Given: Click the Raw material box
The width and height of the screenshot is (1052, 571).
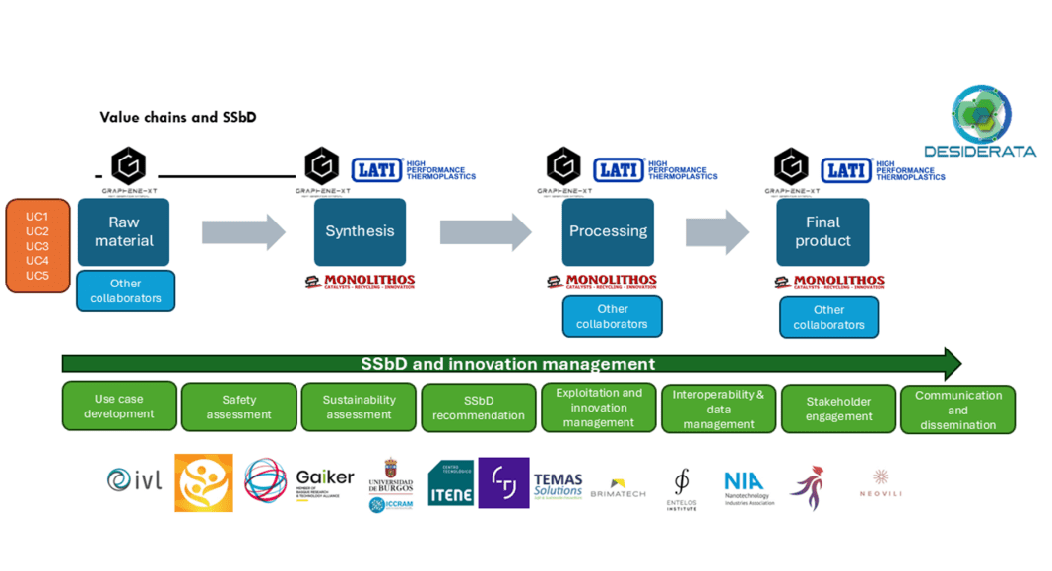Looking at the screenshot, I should (x=124, y=232).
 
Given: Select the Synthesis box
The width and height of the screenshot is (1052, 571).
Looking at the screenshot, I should (x=360, y=231).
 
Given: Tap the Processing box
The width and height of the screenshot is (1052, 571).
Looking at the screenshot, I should (x=608, y=231).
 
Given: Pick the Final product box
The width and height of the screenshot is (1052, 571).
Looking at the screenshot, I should (x=822, y=232).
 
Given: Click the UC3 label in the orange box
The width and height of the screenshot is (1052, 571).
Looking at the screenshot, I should (x=37, y=246).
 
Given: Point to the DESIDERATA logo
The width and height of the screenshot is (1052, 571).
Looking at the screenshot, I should (x=979, y=123).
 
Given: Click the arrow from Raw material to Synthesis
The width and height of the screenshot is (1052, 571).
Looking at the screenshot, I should (x=243, y=232).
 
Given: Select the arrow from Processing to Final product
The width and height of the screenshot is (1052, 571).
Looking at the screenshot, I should (x=716, y=232).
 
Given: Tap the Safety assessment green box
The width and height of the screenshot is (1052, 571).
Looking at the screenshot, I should (x=239, y=408).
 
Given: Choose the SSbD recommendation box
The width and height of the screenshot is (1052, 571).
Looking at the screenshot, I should (x=479, y=408).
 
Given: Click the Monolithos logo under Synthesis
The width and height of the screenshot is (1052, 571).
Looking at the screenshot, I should (x=360, y=283).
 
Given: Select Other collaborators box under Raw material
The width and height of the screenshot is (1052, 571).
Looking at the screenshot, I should (x=125, y=291).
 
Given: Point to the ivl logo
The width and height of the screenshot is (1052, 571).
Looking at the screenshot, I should (x=134, y=480).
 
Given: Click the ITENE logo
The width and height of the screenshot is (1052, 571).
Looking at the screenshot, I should (x=450, y=483).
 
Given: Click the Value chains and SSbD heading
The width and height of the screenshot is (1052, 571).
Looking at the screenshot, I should (x=178, y=117).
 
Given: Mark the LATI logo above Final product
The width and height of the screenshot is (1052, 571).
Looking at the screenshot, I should (x=846, y=170).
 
